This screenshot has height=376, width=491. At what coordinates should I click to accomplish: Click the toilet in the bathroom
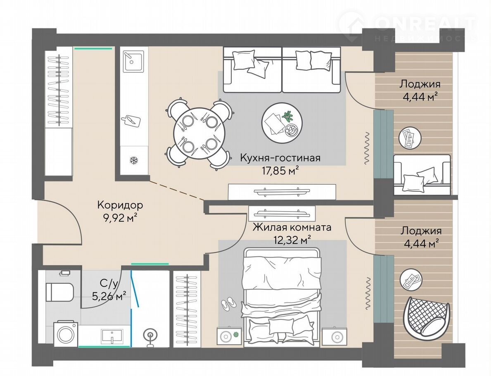point(59,292)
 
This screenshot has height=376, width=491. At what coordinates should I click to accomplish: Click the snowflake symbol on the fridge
point(134,161)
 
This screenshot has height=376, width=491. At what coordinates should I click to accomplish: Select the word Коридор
point(120,205)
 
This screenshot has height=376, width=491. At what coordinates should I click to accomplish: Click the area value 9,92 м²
point(120,217)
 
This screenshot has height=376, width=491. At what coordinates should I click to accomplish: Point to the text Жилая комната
point(292,227)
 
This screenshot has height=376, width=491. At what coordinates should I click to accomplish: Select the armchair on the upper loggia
point(422,174)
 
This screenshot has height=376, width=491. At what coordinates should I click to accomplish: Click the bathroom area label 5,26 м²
point(109,295)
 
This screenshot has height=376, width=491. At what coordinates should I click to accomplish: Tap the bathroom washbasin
point(112,336)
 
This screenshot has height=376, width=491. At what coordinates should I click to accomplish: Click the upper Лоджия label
point(420,84)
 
